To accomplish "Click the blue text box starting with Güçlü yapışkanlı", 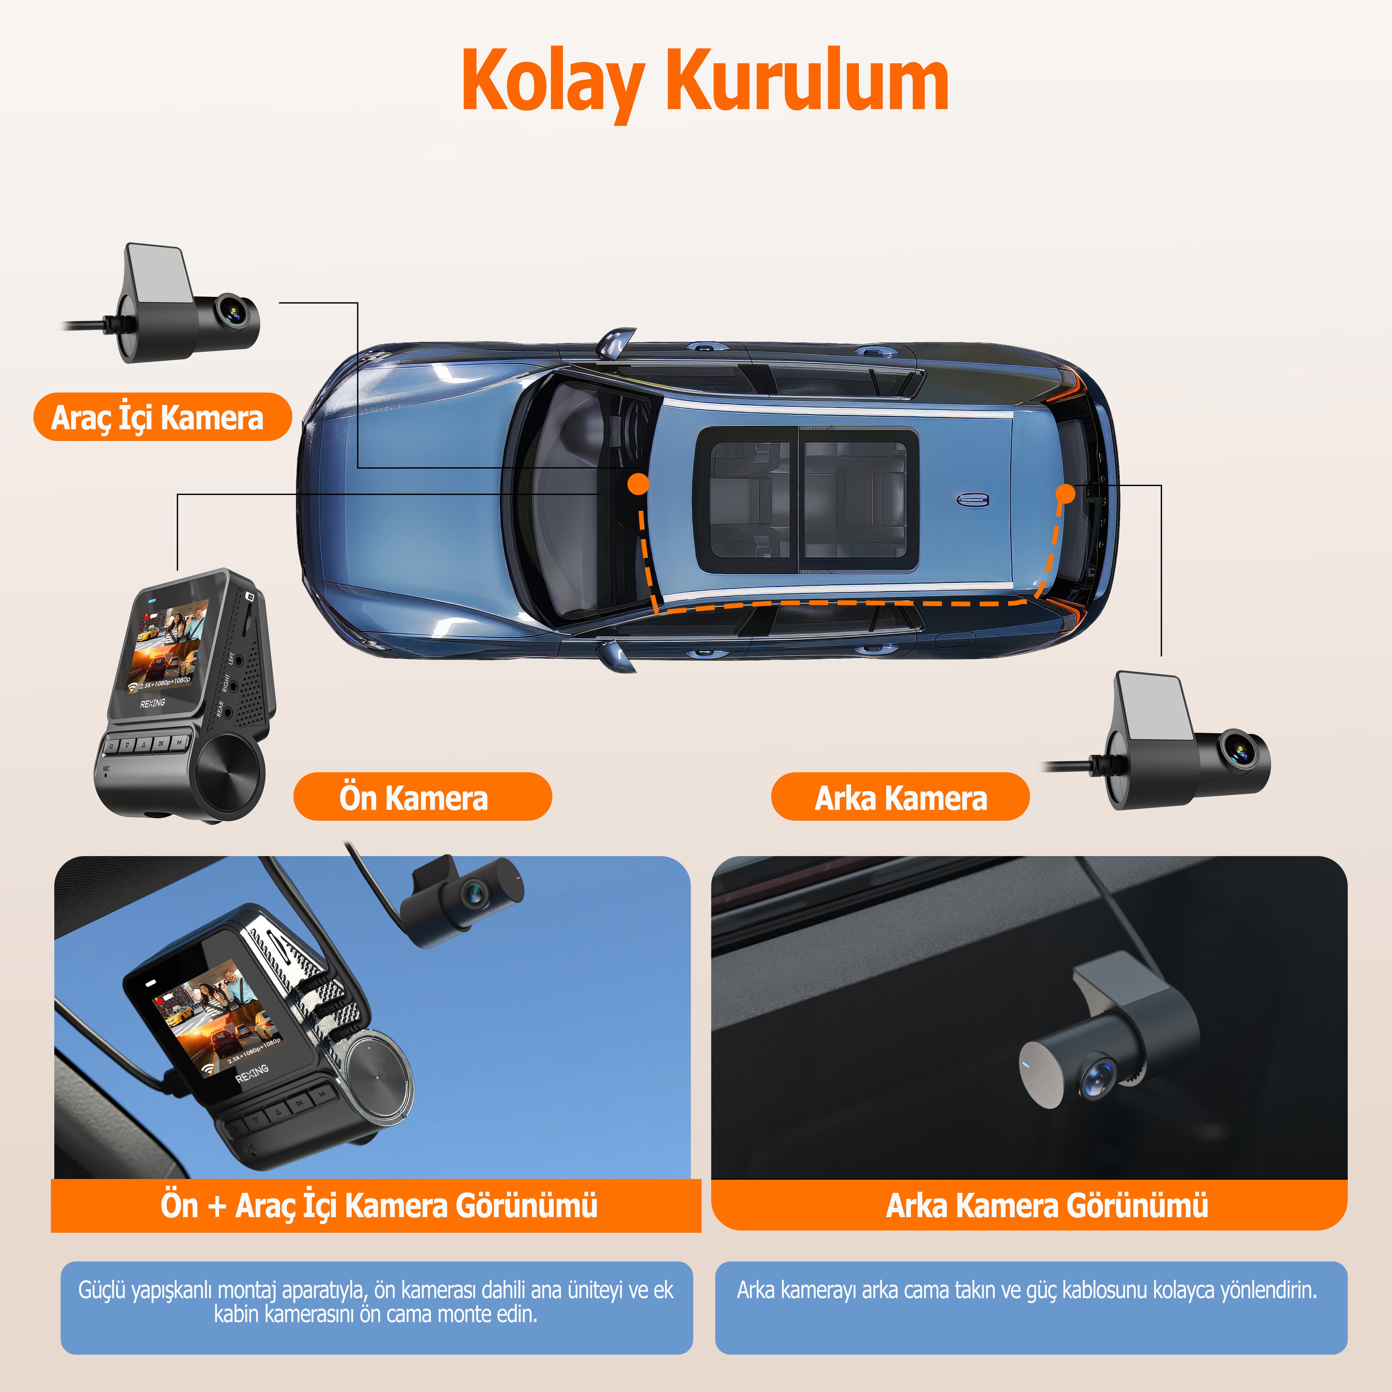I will tap(376, 1307).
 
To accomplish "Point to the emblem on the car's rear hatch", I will tap(973, 500).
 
